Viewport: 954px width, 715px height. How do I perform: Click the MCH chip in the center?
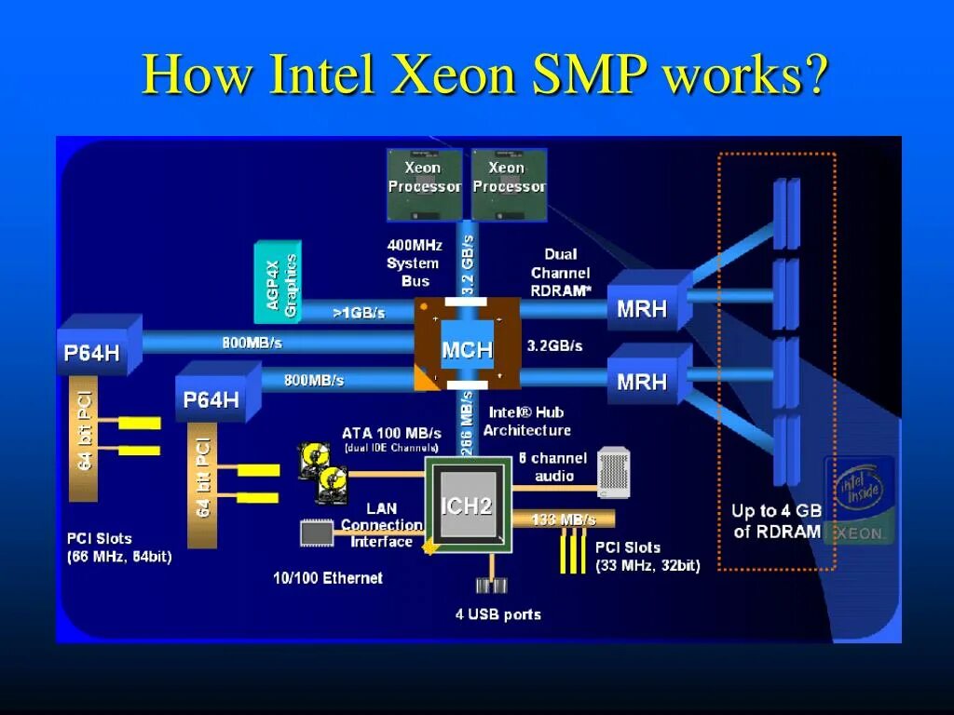[x=467, y=349]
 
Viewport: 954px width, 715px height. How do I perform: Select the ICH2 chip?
[x=466, y=506]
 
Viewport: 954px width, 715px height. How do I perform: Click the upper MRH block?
[x=643, y=308]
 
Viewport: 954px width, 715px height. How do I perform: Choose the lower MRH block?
[x=643, y=381]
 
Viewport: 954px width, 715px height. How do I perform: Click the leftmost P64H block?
[x=91, y=352]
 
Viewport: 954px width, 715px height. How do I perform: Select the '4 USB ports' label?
[x=497, y=614]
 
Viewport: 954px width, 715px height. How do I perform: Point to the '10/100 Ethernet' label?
[x=327, y=578]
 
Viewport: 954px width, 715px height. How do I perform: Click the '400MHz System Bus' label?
[x=415, y=263]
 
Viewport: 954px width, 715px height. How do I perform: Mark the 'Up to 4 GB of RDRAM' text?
[x=776, y=521]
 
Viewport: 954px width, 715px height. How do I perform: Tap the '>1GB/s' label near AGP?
[x=359, y=313]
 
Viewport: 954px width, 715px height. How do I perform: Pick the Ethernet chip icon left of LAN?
[x=316, y=533]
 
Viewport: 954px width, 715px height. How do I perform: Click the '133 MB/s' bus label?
[x=564, y=519]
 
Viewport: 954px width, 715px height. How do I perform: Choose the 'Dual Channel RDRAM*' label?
[x=561, y=272]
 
